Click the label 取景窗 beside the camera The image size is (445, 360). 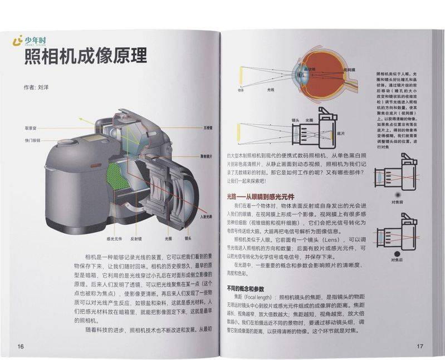coord(30,127)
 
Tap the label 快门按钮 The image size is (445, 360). coord(32,140)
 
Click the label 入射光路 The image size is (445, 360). coord(206,216)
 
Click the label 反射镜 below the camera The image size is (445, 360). coord(137,238)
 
